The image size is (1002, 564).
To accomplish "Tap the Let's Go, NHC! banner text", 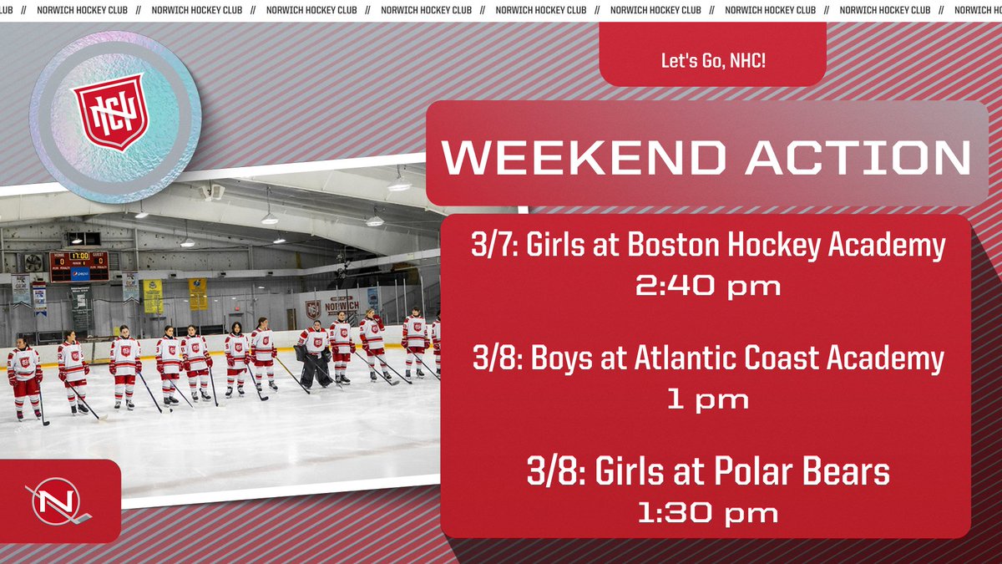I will pos(712,61).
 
